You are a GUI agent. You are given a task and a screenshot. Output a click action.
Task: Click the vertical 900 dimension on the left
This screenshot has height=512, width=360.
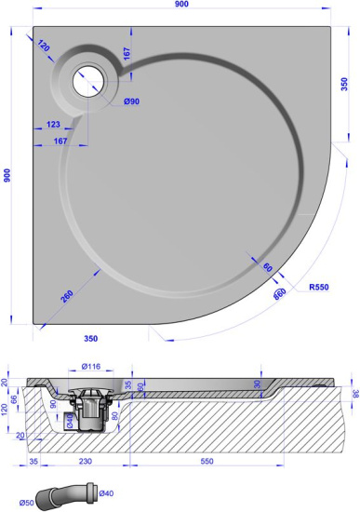point(7,176)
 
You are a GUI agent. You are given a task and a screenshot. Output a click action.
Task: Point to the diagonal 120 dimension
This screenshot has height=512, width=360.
point(45,45)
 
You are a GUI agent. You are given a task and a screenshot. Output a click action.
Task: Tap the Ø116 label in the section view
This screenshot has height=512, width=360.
point(91,367)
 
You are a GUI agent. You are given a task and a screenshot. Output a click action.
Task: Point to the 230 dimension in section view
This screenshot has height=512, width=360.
point(84,462)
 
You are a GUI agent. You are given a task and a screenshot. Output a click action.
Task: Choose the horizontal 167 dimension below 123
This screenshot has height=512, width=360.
point(61,141)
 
